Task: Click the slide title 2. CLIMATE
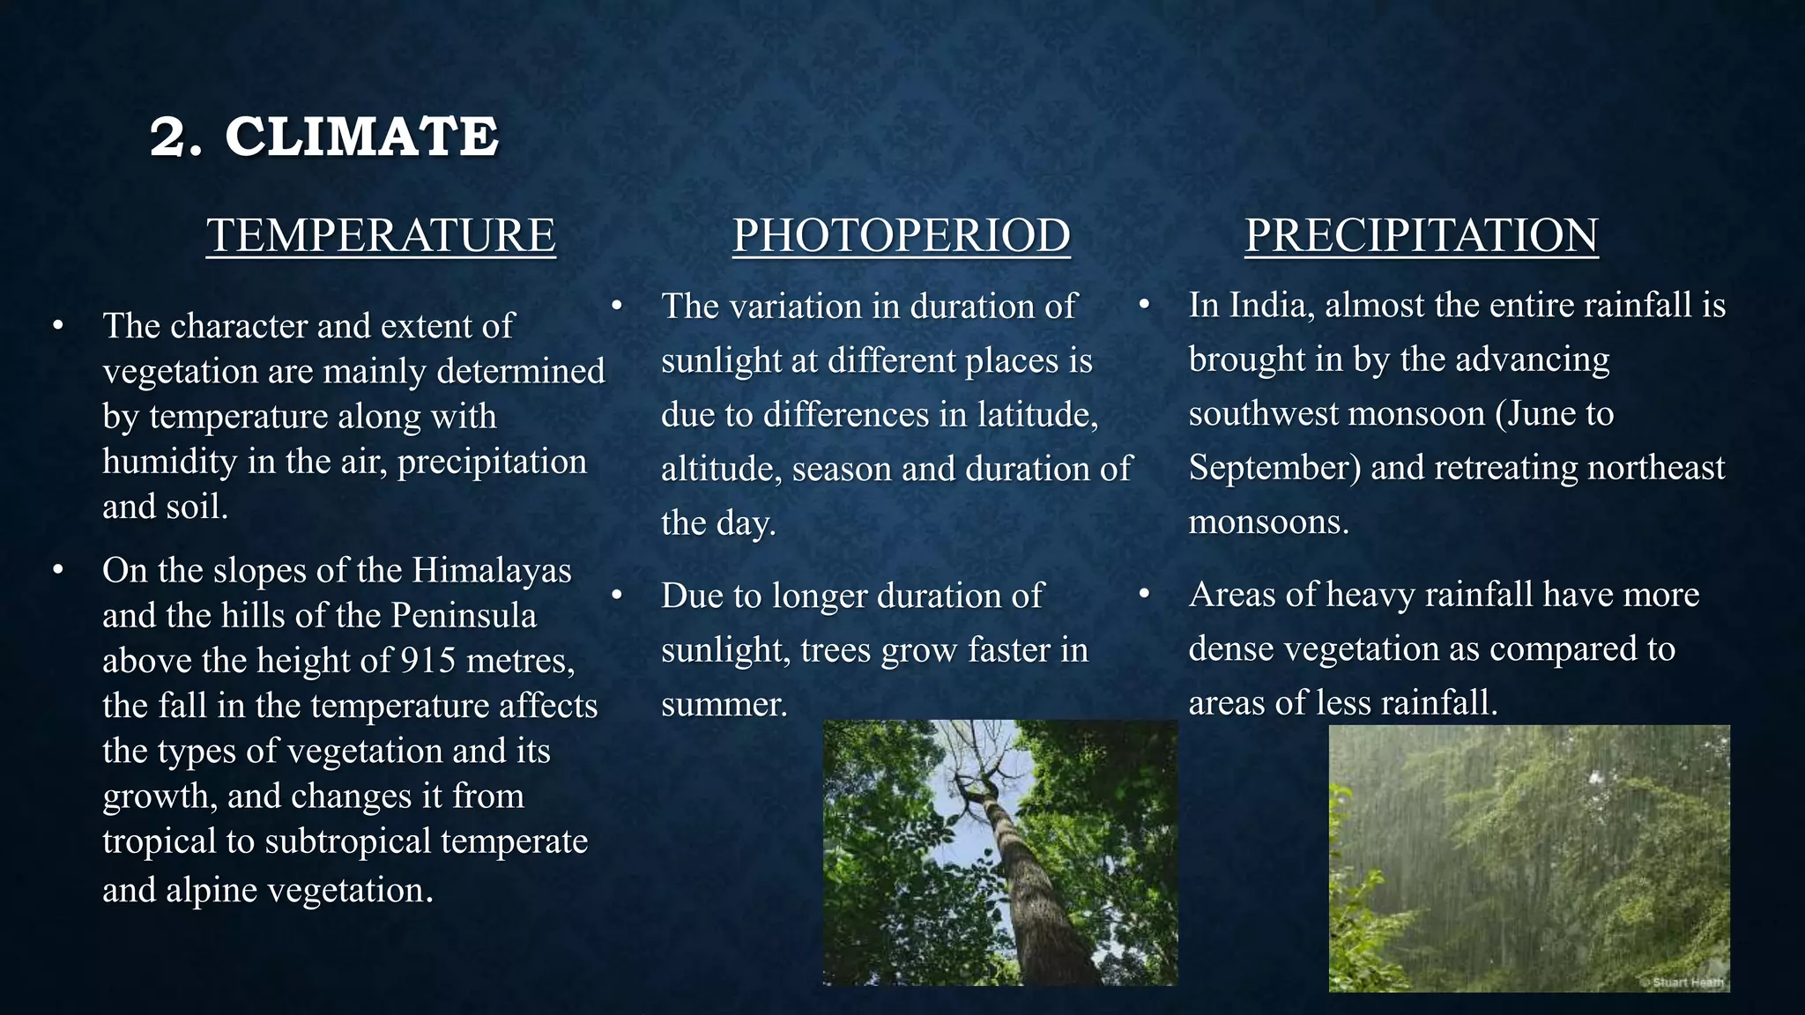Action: (323, 137)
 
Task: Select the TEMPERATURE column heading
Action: (381, 235)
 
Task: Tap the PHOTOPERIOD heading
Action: (901, 235)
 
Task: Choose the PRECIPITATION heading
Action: (1421, 235)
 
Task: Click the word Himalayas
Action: (492, 570)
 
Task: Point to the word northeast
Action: (1655, 467)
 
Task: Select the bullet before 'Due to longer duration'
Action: (617, 596)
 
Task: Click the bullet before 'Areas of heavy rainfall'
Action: (1144, 595)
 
